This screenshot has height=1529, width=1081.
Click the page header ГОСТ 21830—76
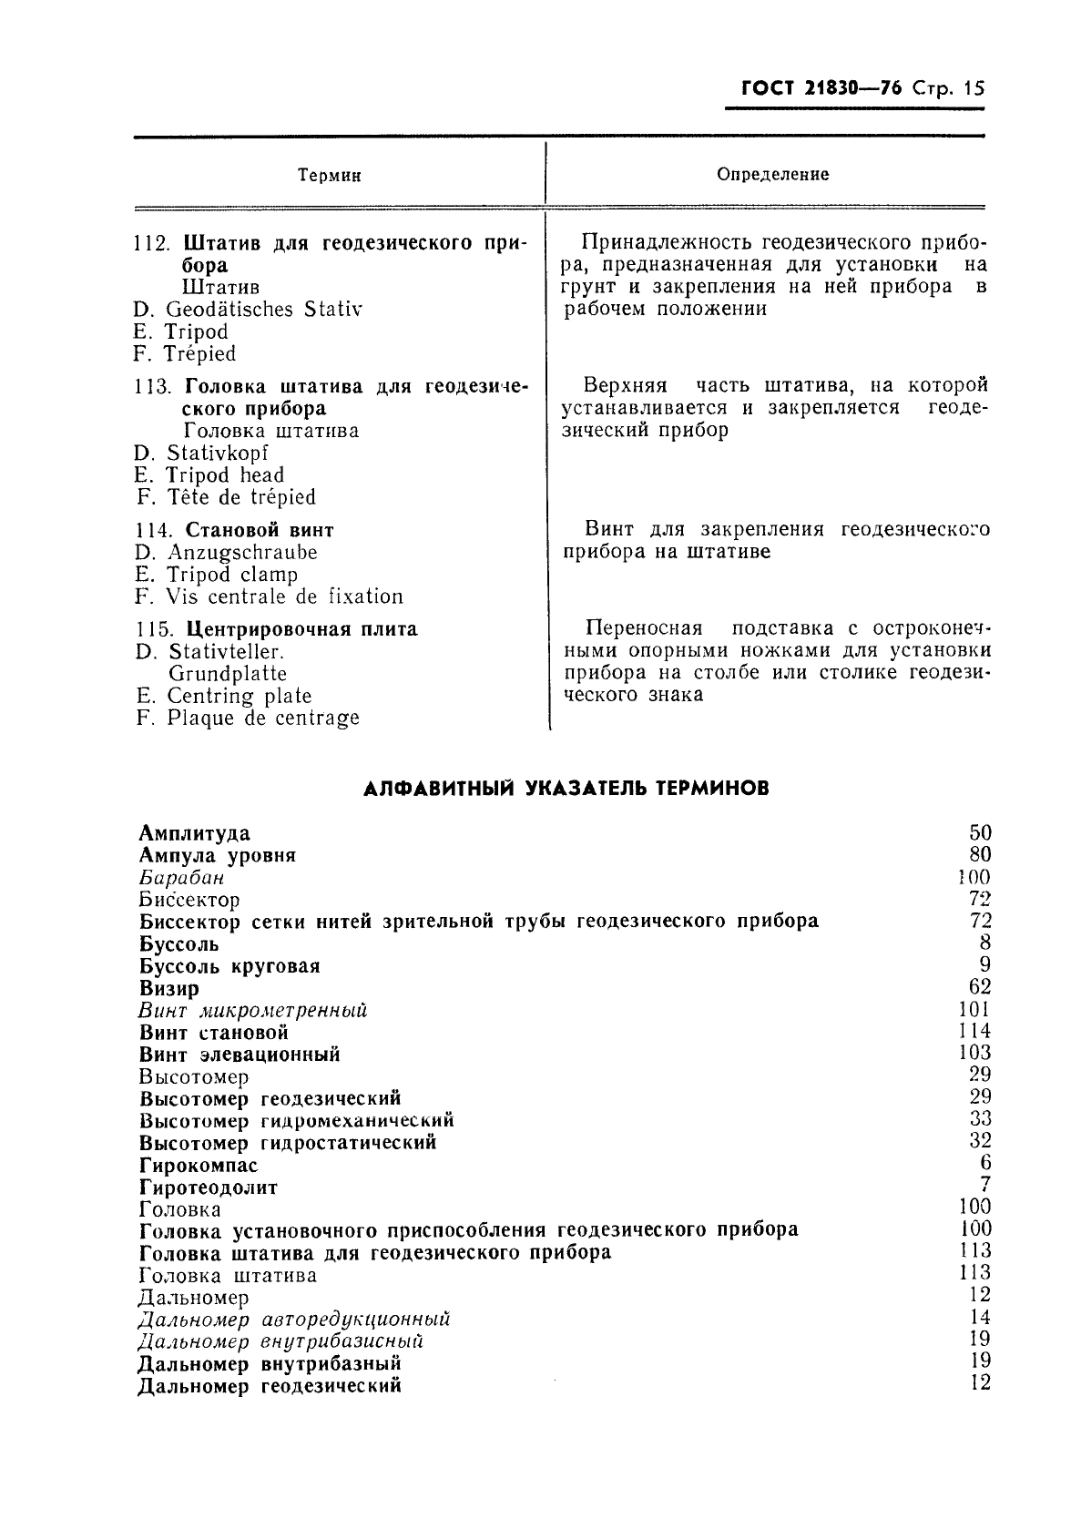pyautogui.click(x=822, y=89)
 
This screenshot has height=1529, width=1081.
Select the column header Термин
pyautogui.click(x=331, y=176)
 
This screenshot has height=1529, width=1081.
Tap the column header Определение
pyautogui.click(x=772, y=174)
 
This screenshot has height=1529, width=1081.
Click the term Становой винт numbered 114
pyautogui.click(x=260, y=530)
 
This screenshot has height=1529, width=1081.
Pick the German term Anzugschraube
pyautogui.click(x=242, y=553)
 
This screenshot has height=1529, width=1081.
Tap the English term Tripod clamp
pyautogui.click(x=232, y=575)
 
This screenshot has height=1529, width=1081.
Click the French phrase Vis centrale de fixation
pyautogui.click(x=284, y=597)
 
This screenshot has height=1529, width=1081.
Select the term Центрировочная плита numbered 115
pyautogui.click(x=301, y=629)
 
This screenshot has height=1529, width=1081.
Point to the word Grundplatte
pyautogui.click(x=228, y=674)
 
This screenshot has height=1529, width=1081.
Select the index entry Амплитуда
pyautogui.click(x=195, y=833)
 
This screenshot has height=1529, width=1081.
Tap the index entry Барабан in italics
pyautogui.click(x=181, y=878)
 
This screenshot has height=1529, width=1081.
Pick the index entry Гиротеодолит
pyautogui.click(x=209, y=1188)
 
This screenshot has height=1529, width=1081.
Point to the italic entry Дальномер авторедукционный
pyautogui.click(x=294, y=1320)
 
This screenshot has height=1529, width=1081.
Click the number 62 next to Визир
pyautogui.click(x=980, y=987)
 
